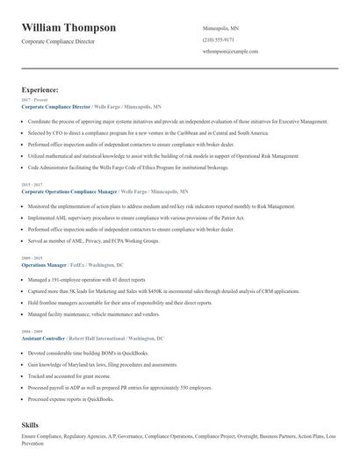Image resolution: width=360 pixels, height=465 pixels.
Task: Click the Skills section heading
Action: click(x=30, y=424)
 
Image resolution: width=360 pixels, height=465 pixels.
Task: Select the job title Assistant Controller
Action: click(x=45, y=338)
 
